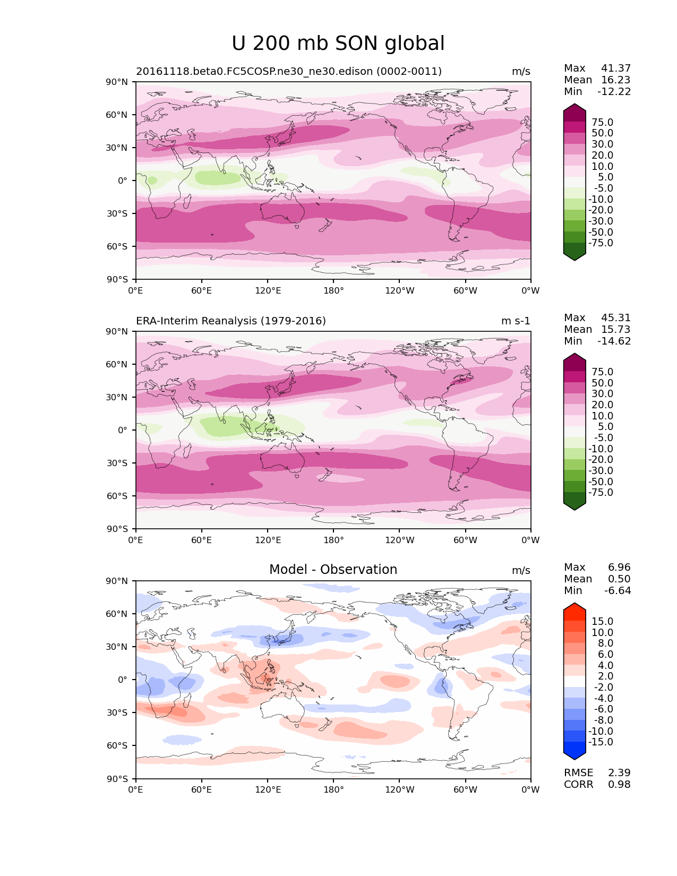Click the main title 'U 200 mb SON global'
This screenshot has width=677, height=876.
coord(338,44)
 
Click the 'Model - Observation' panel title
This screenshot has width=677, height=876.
coord(333,570)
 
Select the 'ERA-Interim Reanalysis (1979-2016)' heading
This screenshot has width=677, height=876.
coord(231,321)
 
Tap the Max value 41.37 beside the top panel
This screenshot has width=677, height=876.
coord(615,68)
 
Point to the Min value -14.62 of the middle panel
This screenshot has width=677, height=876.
coord(614,341)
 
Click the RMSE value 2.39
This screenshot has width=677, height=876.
coord(619,773)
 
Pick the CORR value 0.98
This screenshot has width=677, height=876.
coord(619,785)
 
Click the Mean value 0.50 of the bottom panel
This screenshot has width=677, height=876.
coord(619,579)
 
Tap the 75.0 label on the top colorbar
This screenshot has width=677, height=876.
coord(602,123)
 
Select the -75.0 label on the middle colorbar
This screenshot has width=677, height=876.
coord(601,493)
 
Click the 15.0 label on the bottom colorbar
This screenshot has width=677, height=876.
coord(602,622)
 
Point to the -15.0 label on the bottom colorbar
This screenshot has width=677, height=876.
coord(601,742)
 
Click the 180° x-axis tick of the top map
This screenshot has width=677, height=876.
coord(333,291)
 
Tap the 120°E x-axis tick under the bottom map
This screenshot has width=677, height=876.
coord(268,790)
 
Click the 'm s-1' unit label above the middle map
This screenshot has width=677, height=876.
coord(516,321)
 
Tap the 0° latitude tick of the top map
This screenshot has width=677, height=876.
coord(123,181)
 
